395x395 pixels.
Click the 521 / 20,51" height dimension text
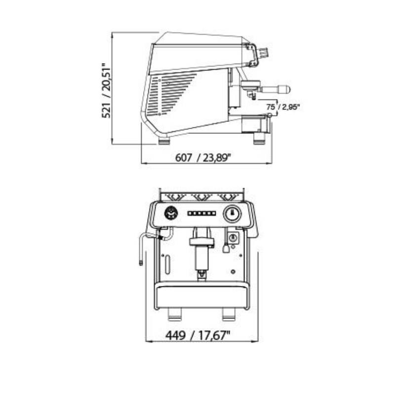[x=106, y=90]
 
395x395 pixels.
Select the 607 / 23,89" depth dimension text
[x=203, y=158]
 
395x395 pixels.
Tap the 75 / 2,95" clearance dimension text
[x=283, y=107]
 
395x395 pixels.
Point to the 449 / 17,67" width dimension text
[x=198, y=335]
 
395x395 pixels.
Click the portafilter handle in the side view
[x=276, y=89]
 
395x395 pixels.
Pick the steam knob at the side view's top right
[x=264, y=52]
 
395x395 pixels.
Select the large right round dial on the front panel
[x=232, y=214]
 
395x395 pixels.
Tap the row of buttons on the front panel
[x=201, y=214]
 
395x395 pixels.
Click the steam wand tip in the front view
[x=141, y=263]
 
